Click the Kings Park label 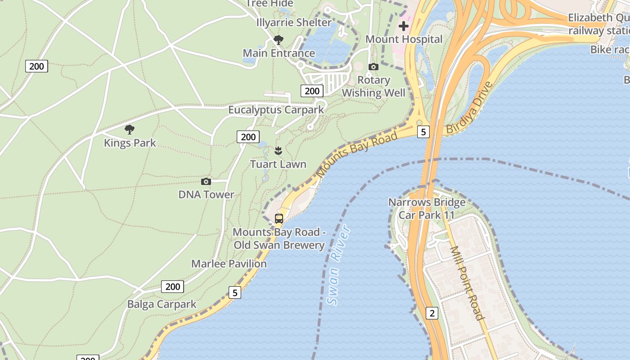[130, 143]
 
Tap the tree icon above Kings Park [130, 130]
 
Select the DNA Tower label [206, 195]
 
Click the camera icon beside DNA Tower [206, 181]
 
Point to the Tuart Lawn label [278, 164]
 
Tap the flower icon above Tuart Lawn [278, 150]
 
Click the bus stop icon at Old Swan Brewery [279, 219]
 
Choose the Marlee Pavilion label [229, 264]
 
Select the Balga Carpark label [162, 304]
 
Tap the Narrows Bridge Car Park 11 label [427, 208]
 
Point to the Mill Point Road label [468, 283]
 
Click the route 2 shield [432, 313]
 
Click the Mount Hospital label [404, 39]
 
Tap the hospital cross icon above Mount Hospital [404, 26]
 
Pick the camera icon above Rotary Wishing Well [373, 67]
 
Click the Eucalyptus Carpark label [276, 110]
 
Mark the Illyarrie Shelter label [294, 22]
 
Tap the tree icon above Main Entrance [279, 40]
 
